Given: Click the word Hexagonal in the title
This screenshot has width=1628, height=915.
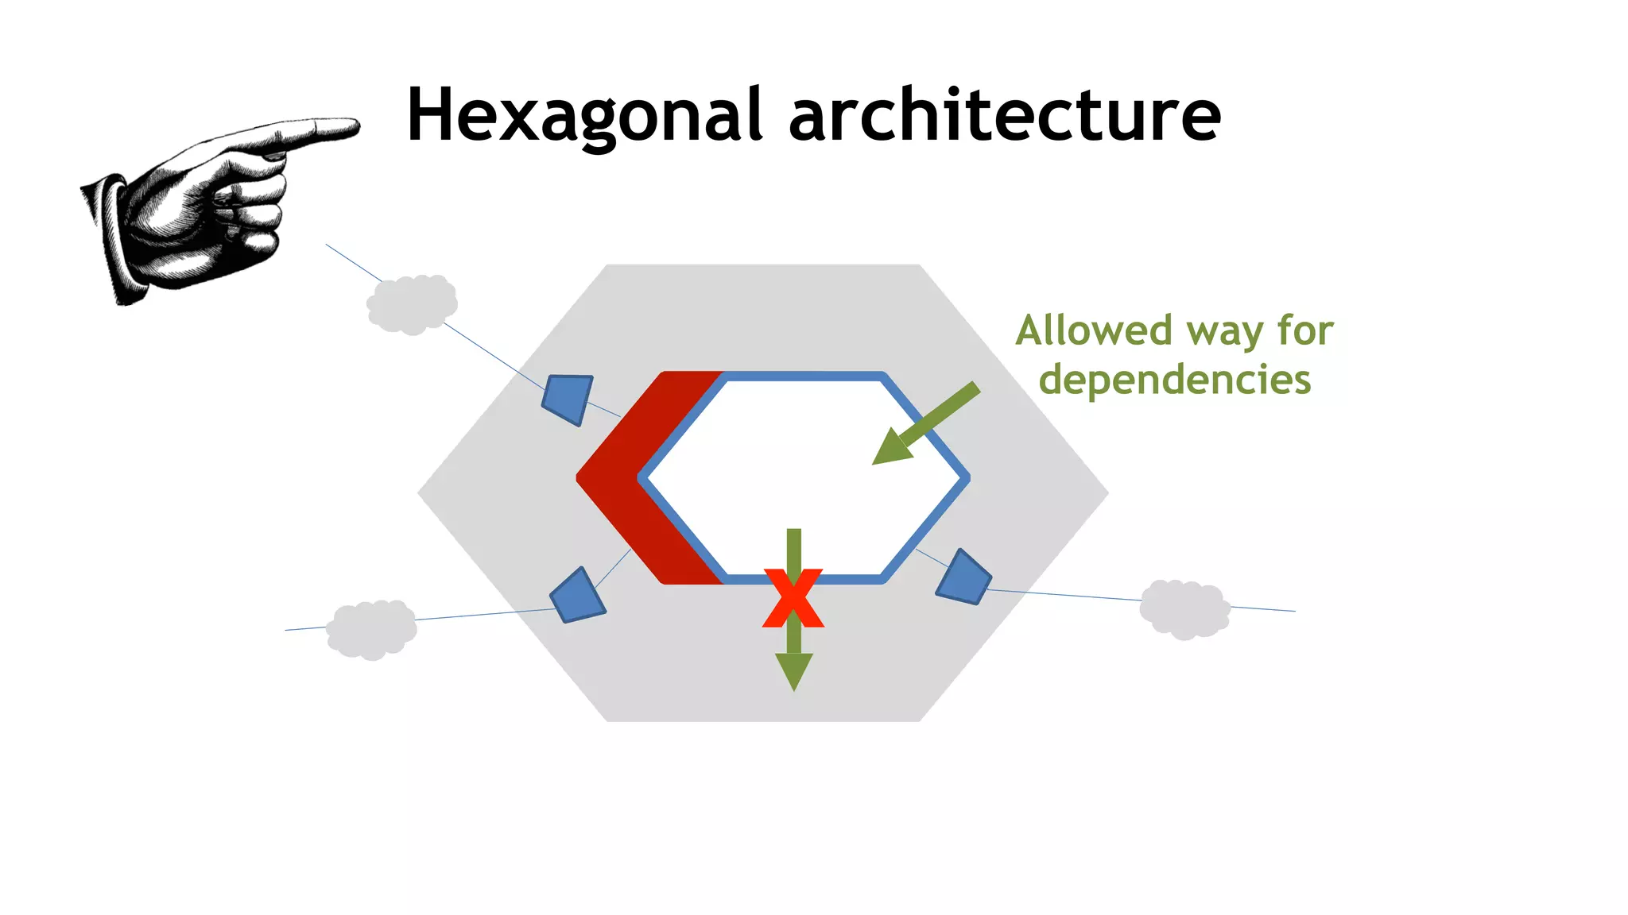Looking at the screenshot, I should click(585, 116).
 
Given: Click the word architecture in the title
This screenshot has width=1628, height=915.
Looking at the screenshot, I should click(1005, 116).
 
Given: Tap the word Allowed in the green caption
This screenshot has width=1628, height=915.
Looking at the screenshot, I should click(1094, 330).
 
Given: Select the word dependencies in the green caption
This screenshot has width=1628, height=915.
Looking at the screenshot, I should click(1175, 380).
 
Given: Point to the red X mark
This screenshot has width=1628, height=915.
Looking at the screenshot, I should click(793, 597).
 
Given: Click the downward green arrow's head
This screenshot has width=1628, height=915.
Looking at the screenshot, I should click(793, 670).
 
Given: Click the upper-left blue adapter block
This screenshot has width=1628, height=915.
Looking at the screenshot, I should click(568, 398).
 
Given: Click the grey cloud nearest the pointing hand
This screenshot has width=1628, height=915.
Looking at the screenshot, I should click(412, 304).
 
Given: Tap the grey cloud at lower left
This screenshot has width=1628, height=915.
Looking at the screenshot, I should click(371, 629).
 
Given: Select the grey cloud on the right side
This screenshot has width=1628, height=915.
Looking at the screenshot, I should click(1184, 609).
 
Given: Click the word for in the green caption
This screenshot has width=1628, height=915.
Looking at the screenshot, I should click(1305, 330).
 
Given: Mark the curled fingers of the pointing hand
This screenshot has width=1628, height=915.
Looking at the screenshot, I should click(246, 207).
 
